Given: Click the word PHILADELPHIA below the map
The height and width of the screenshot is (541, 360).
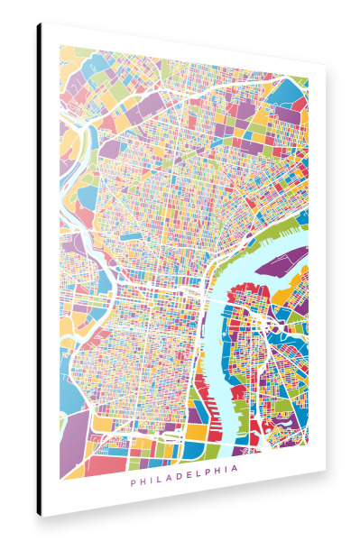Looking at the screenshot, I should pyautogui.click(x=184, y=481).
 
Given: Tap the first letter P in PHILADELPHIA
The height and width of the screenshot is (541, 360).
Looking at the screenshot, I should pyautogui.click(x=133, y=481).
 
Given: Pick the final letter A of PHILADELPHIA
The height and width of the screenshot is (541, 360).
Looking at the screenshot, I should pyautogui.click(x=235, y=481).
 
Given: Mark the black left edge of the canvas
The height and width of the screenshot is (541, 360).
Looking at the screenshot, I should pyautogui.click(x=39, y=270).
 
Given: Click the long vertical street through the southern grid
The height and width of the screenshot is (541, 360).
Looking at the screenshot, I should pyautogui.click(x=195, y=379).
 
